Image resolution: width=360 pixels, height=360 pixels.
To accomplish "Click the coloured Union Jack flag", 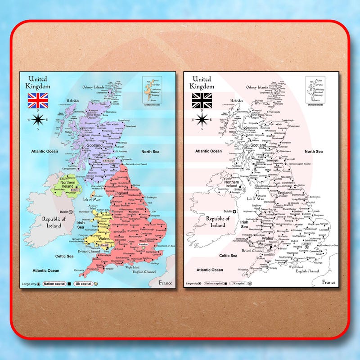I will point(38,100).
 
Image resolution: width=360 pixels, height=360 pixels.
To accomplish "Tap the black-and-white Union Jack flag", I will point(201,100).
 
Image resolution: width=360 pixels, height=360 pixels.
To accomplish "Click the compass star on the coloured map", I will point(38,119).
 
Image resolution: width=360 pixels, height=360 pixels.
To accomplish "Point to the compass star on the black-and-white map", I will point(202,119).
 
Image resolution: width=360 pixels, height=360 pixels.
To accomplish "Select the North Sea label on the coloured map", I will point(150,152).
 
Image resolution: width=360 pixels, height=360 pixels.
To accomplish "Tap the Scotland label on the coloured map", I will point(95,145).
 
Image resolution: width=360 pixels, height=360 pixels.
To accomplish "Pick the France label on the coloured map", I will point(165,282).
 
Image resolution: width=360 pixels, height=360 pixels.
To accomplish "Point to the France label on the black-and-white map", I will point(328,282).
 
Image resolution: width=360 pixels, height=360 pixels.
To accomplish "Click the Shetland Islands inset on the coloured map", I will point(152,91).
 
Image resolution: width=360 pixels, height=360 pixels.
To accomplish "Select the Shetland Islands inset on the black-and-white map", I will point(315,91).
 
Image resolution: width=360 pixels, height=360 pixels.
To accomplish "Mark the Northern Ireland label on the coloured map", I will point(67,183).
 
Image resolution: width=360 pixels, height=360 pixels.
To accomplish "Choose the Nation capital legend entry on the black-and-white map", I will point(215,283).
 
